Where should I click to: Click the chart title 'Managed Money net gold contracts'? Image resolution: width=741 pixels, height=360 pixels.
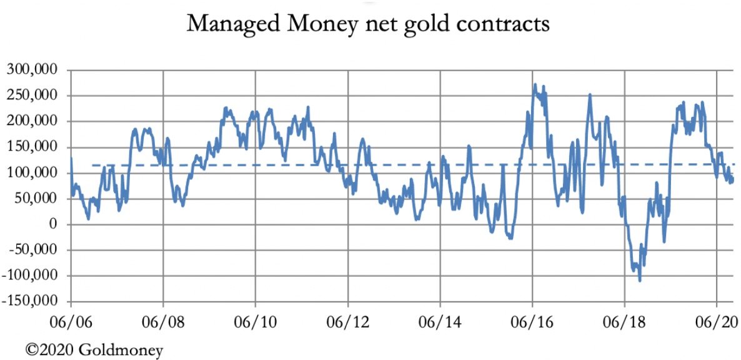click(x=369, y=24)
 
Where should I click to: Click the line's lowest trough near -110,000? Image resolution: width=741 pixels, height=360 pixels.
click(x=640, y=280)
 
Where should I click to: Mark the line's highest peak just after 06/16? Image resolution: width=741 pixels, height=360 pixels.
click(x=535, y=84)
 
